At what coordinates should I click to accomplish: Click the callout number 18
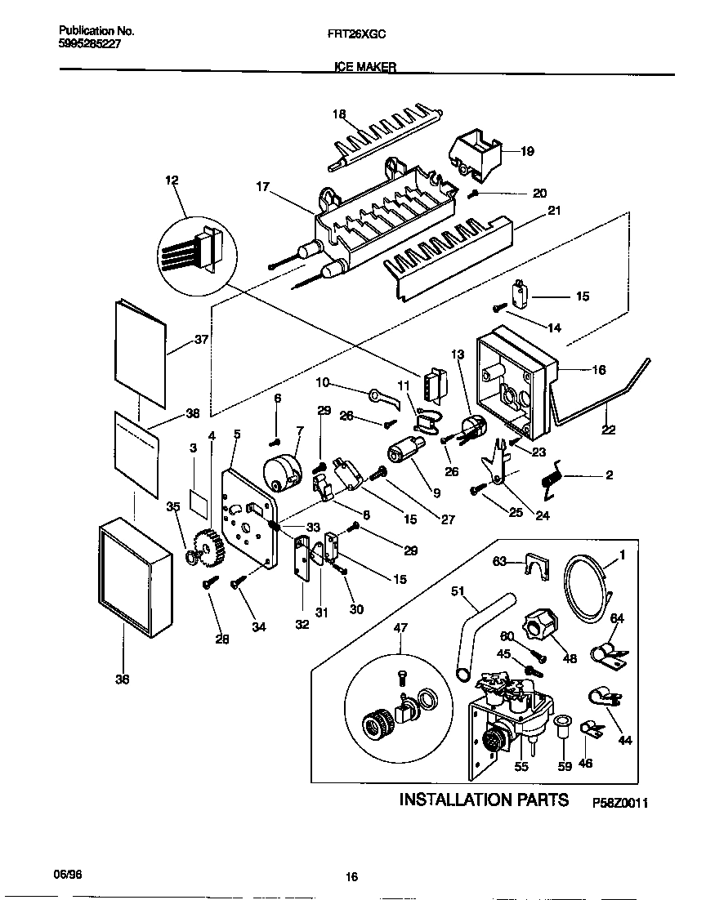tap(340, 114)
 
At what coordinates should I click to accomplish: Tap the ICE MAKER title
tap(365, 69)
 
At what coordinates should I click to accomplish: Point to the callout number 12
tap(171, 180)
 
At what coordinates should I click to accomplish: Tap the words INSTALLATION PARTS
tap(484, 799)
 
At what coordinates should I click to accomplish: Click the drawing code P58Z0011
tap(619, 804)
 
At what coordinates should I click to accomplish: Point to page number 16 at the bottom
tap(351, 877)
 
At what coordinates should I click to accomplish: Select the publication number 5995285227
tap(91, 47)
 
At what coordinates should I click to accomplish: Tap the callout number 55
tap(521, 766)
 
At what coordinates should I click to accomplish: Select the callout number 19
tap(526, 150)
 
